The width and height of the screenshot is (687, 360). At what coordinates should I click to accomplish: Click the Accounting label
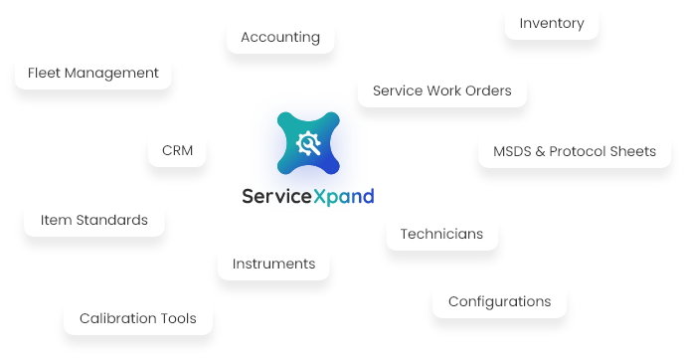click(x=280, y=37)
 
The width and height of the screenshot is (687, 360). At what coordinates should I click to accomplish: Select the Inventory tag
click(x=551, y=23)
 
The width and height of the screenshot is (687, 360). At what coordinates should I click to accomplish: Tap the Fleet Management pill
click(x=93, y=73)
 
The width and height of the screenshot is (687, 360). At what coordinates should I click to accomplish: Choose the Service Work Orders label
click(x=441, y=90)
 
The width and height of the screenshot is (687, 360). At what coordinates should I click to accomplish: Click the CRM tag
click(x=177, y=151)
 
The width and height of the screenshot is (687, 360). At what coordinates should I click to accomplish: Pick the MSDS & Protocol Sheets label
click(x=575, y=151)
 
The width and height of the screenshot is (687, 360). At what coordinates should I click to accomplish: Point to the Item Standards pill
click(x=94, y=220)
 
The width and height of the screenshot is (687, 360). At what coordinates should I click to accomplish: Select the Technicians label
click(x=441, y=234)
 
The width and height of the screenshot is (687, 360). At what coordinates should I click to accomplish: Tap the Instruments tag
click(x=273, y=264)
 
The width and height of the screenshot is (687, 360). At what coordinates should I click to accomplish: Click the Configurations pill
click(x=499, y=301)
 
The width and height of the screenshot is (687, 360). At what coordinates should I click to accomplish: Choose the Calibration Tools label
click(x=137, y=318)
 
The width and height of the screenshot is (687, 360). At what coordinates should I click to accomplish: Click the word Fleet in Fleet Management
click(x=46, y=73)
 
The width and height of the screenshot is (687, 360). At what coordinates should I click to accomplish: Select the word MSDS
click(x=513, y=151)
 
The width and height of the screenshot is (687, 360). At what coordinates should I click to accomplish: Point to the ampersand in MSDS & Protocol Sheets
click(x=542, y=151)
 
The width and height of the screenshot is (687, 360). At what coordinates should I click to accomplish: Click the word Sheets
click(x=635, y=151)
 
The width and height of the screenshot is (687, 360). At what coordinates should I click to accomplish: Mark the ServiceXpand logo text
click(x=308, y=196)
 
